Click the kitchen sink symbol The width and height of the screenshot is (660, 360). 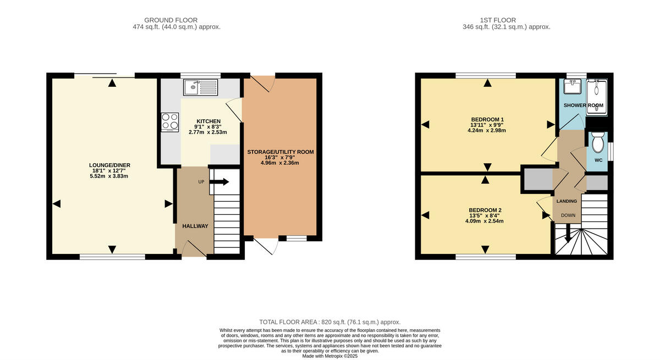pyautogui.click(x=201, y=87)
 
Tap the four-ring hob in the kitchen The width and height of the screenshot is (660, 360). pyautogui.click(x=169, y=121)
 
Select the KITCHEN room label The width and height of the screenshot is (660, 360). pyautogui.click(x=193, y=121)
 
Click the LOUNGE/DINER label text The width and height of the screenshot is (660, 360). pyautogui.click(x=109, y=165)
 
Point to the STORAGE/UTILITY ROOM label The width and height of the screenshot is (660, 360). pyautogui.click(x=280, y=152)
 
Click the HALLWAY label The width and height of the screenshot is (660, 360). pyautogui.click(x=195, y=226)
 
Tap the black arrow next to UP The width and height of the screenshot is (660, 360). pyautogui.click(x=221, y=182)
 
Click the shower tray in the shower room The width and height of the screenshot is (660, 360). pyautogui.click(x=596, y=97)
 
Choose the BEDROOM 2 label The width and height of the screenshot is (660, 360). pyautogui.click(x=485, y=210)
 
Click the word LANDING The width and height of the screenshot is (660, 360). pyautogui.click(x=566, y=201)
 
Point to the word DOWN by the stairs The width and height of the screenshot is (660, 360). pyautogui.click(x=568, y=215)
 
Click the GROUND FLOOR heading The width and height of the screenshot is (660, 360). pyautogui.click(x=170, y=20)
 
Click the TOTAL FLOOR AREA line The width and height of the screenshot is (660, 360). pyautogui.click(x=329, y=322)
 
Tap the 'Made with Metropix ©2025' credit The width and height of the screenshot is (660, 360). pyautogui.click(x=330, y=356)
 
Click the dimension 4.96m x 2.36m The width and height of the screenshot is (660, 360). pyautogui.click(x=280, y=163)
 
